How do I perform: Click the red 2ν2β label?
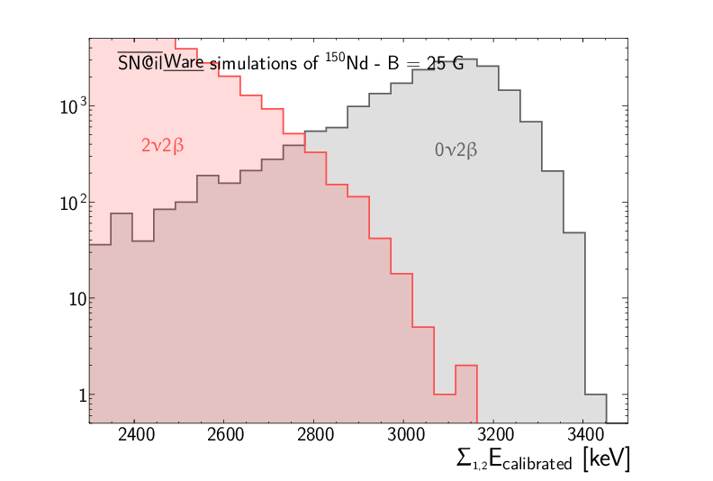pyautogui.click(x=162, y=145)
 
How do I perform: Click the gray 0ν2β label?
pyautogui.click(x=456, y=150)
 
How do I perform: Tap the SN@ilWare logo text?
pyautogui.click(x=161, y=64)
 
